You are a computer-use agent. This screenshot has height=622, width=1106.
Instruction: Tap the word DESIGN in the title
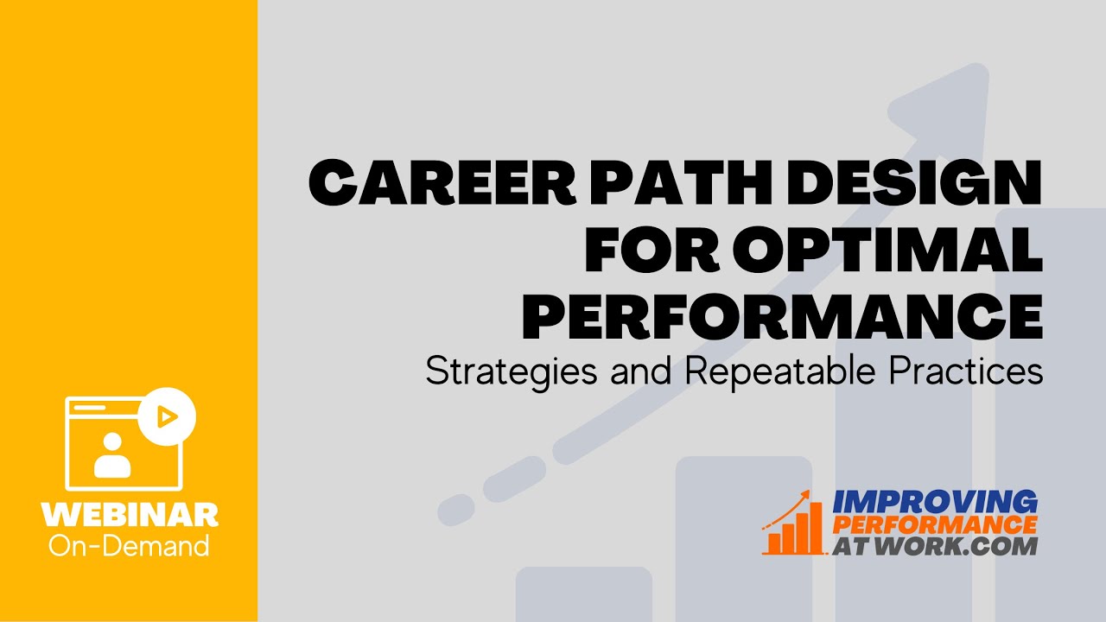(914, 182)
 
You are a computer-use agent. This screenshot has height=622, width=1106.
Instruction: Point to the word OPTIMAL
(887, 250)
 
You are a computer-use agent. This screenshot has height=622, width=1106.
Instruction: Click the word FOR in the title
(652, 250)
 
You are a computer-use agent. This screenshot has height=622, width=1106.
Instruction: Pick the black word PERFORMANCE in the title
(783, 316)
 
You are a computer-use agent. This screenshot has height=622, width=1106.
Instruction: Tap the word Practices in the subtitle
(966, 371)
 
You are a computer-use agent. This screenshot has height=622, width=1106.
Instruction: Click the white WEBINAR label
(130, 515)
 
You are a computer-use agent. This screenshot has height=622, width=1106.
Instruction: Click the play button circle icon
(167, 417)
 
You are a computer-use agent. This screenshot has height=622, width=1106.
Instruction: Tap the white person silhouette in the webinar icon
(112, 455)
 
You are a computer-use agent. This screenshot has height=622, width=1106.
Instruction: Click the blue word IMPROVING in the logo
(935, 502)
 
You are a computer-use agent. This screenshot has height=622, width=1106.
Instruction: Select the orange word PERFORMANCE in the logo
(935, 524)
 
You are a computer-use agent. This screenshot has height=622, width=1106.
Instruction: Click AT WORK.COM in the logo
(935, 546)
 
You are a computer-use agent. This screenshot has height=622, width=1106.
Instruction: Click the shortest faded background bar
(584, 594)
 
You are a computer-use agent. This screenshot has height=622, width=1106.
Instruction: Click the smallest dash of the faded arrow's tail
(455, 510)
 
